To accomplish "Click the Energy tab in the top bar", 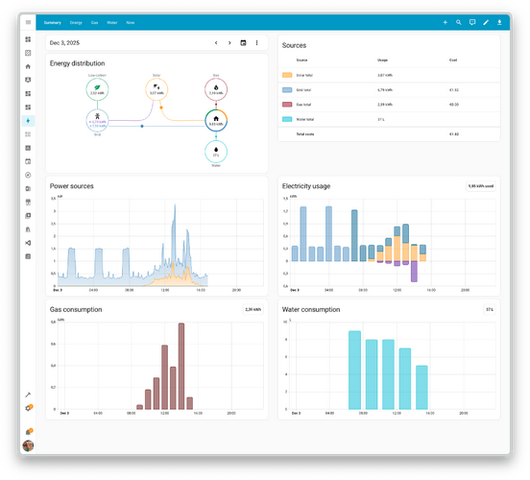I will (76, 21).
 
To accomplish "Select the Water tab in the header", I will (112, 21).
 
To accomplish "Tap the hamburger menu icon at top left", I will (28, 21).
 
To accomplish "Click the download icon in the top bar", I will (499, 21).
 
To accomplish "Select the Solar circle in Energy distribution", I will (157, 89).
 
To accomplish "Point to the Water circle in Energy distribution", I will (216, 152).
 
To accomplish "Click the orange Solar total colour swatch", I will (287, 74).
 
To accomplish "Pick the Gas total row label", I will (304, 104).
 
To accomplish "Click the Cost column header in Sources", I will (453, 60).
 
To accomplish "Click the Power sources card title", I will (72, 185).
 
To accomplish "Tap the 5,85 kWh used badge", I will (480, 185).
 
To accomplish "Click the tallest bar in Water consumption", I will (354, 371).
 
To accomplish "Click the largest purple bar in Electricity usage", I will (414, 271).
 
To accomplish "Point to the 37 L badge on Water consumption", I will (489, 309).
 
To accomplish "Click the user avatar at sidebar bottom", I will (28, 445).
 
